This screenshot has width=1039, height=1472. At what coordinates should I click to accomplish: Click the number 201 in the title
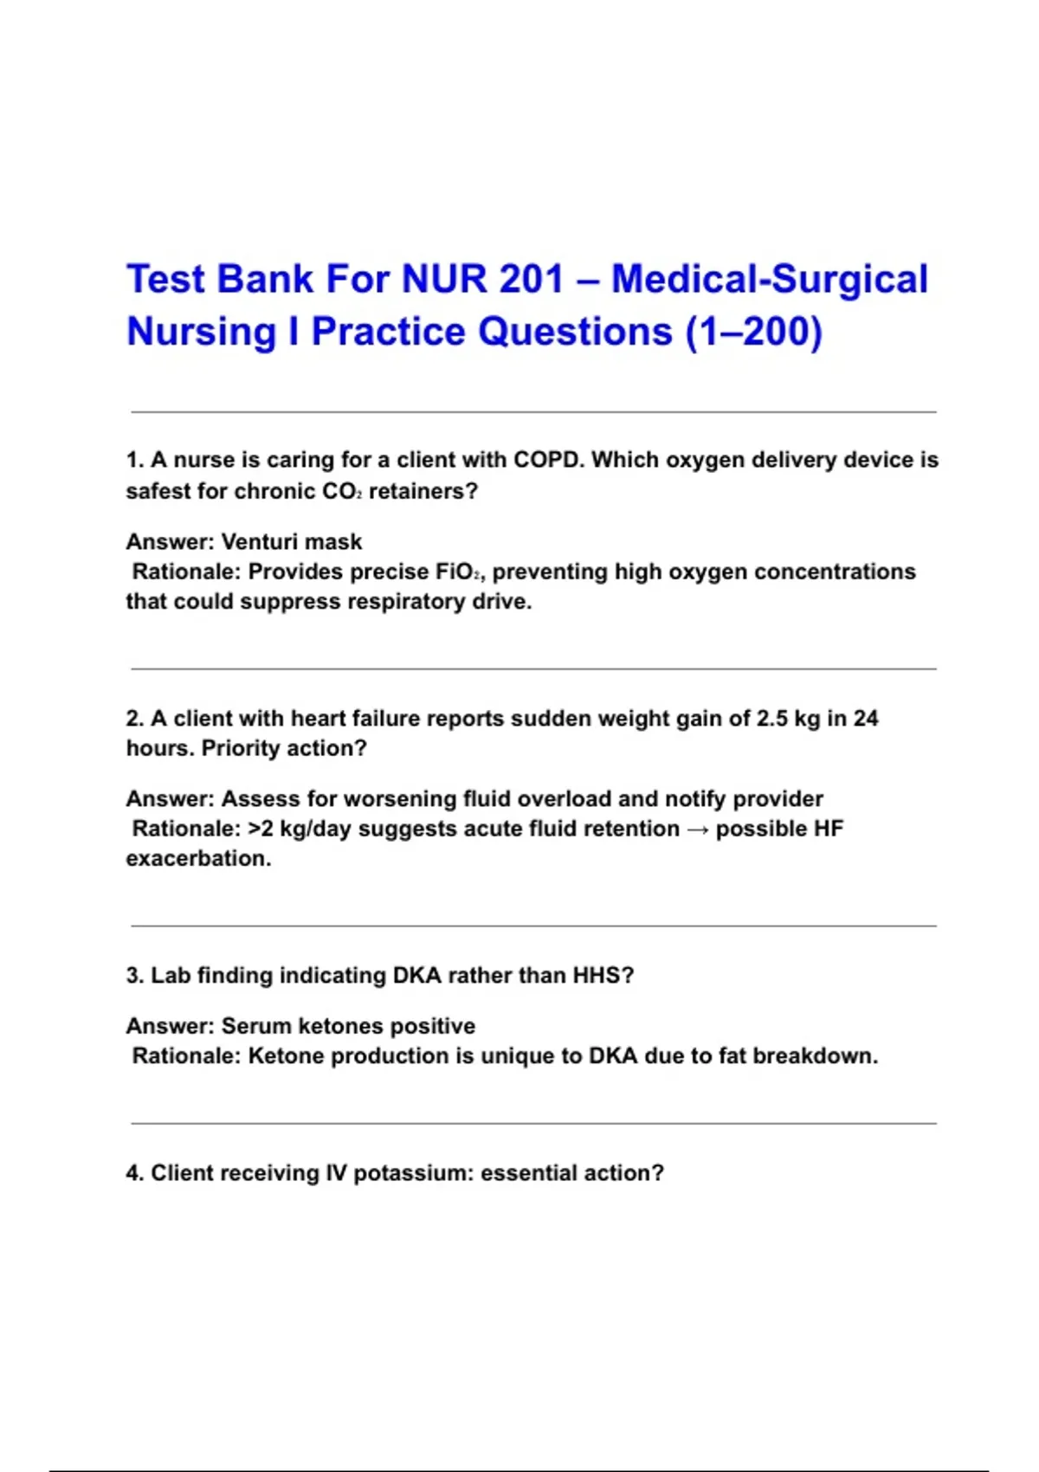click(532, 280)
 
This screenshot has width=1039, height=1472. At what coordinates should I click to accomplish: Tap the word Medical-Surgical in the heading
click(770, 280)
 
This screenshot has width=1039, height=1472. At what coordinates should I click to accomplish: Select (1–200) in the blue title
click(753, 332)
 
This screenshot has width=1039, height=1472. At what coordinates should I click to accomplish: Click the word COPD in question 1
click(548, 460)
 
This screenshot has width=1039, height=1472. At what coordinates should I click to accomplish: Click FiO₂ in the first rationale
click(452, 572)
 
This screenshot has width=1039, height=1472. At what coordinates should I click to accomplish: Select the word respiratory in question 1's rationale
click(405, 602)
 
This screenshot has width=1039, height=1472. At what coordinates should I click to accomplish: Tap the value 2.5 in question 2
click(772, 719)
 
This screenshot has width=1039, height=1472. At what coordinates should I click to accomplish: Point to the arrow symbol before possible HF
click(697, 830)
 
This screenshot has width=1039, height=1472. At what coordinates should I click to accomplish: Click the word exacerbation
click(198, 859)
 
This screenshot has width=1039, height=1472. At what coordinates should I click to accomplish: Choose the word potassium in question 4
click(413, 1173)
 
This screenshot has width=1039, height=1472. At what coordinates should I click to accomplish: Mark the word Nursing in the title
click(201, 332)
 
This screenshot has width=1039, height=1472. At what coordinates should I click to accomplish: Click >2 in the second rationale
click(261, 830)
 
